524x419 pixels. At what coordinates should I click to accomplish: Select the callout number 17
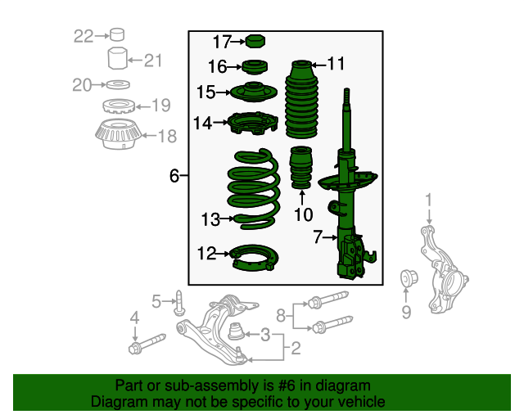click(222, 42)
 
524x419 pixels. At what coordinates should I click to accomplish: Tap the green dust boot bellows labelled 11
click(302, 99)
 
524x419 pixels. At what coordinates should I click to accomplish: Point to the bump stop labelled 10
click(300, 167)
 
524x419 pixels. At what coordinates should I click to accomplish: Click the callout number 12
click(206, 253)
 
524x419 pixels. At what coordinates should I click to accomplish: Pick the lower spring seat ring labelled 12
click(254, 257)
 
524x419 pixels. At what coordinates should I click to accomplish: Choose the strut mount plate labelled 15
click(254, 92)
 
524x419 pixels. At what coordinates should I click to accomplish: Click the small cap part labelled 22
click(117, 34)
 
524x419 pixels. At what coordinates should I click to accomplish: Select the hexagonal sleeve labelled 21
click(118, 58)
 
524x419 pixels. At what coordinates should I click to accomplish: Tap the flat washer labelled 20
click(118, 84)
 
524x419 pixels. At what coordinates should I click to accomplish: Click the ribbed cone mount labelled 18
click(118, 134)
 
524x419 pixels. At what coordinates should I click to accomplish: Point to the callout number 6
click(174, 175)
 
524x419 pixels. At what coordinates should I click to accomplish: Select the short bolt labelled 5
click(178, 303)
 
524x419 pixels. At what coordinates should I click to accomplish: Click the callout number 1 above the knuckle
click(429, 200)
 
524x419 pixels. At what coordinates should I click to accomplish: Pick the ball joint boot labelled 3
click(237, 331)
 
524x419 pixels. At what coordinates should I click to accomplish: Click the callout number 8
click(281, 315)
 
